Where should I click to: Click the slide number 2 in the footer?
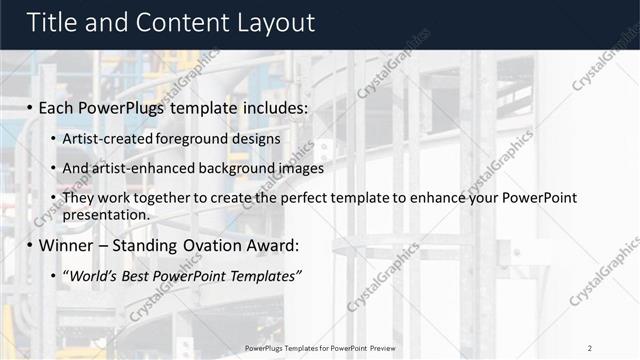point(590,347)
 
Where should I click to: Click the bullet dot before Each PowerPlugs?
point(30,106)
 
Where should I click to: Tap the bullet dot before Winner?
point(30,245)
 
